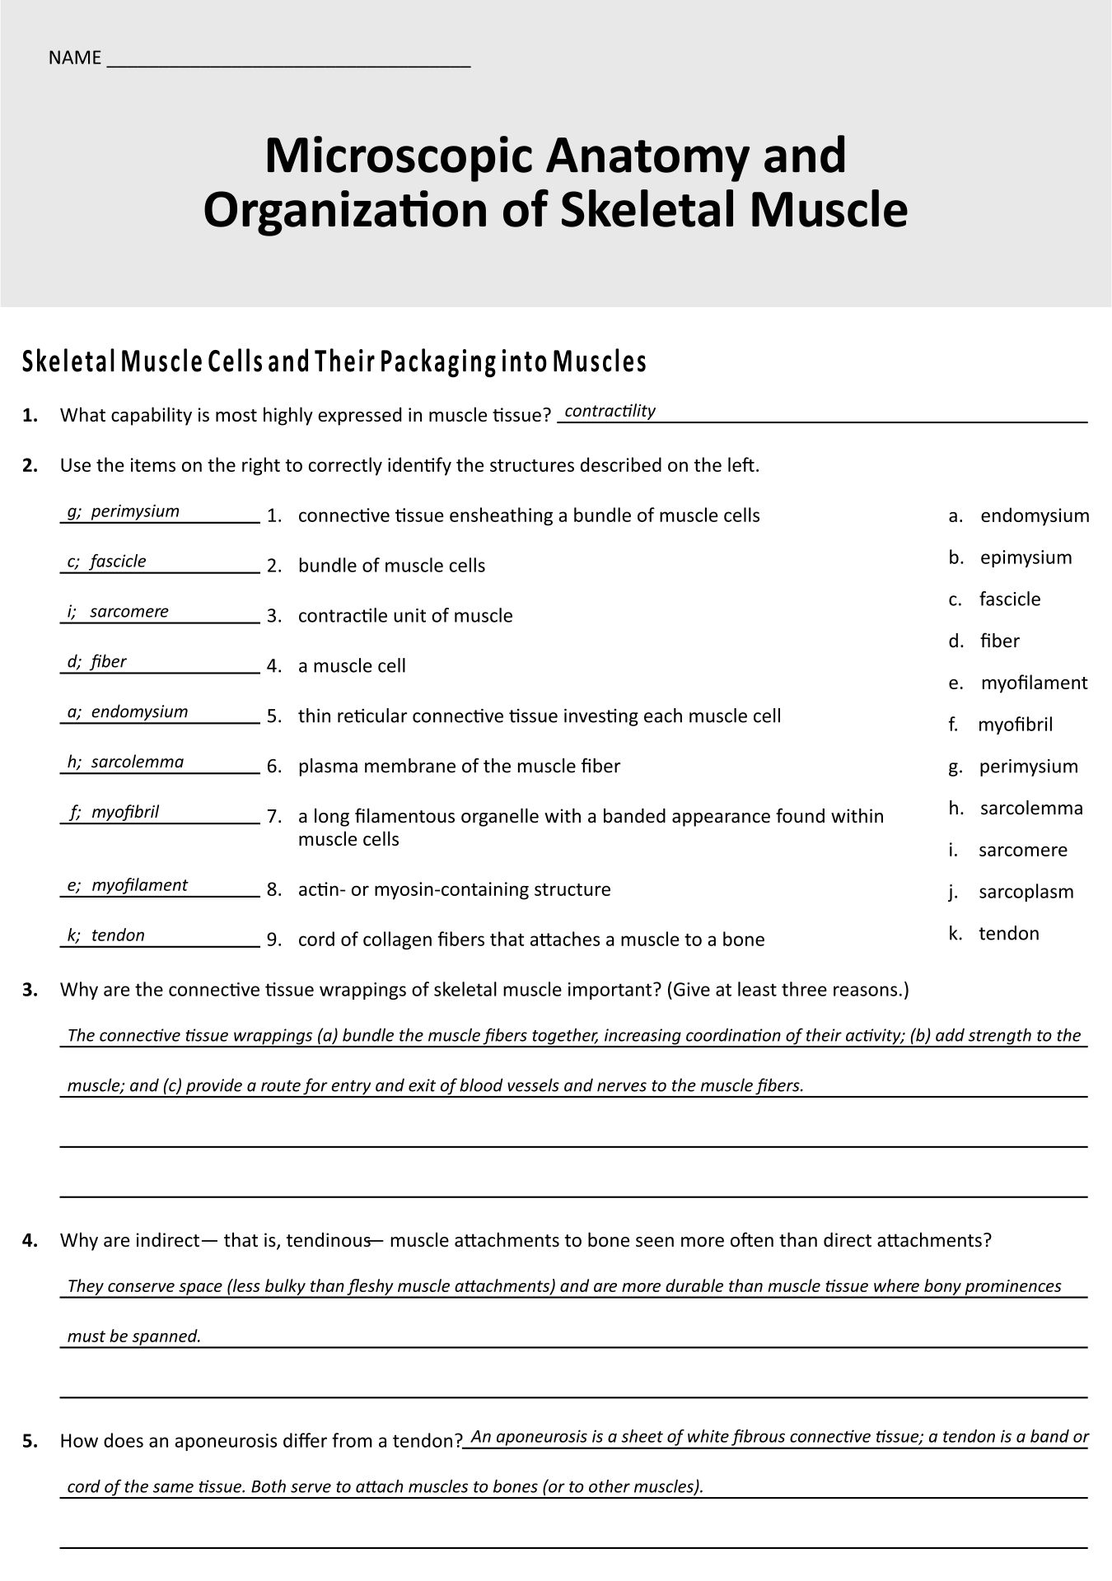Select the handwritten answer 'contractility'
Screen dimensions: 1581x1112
610,411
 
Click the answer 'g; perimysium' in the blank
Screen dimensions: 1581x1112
124,511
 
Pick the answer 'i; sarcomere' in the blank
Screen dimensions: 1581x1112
118,612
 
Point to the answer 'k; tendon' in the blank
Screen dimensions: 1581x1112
106,935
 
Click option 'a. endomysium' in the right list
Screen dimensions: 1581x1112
1019,516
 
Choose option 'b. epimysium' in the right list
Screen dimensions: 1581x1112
1011,557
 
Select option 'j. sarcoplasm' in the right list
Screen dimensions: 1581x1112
1012,892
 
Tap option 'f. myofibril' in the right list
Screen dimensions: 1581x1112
1001,725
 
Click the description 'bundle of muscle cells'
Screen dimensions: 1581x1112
391,566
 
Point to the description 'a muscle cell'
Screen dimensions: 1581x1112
352,666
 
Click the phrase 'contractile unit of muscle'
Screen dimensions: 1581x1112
405,616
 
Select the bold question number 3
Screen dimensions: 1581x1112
30,990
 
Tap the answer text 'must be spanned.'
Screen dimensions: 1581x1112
134,1336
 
